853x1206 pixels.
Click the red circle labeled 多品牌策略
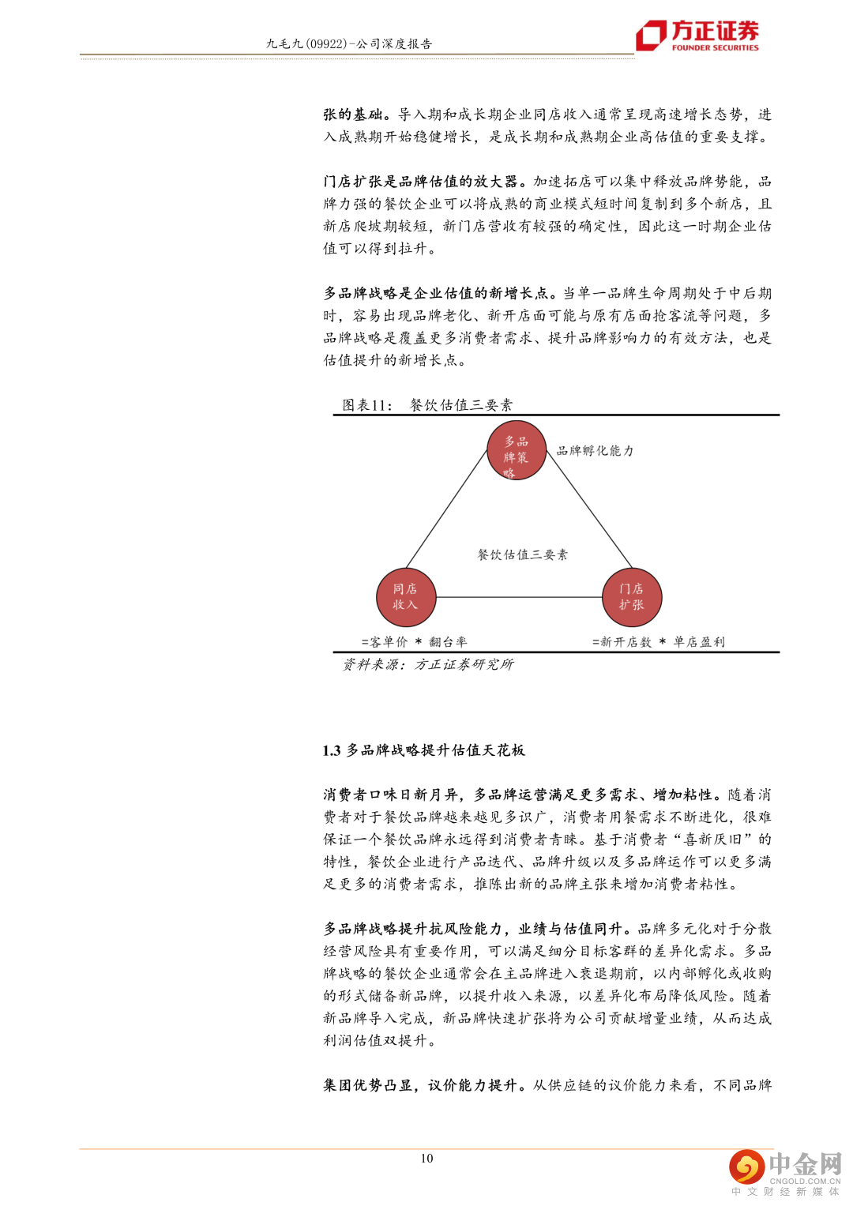(x=517, y=451)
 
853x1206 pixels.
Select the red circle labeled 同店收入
(x=406, y=597)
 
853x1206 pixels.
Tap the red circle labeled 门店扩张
(x=631, y=597)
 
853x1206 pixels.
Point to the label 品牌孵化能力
(x=595, y=451)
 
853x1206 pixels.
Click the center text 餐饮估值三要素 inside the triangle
(x=522, y=554)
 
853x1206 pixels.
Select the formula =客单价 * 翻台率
(x=414, y=642)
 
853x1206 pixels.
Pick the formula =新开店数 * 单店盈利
(x=658, y=642)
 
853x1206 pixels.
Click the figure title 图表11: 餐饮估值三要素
(x=427, y=405)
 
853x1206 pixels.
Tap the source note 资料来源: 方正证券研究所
(x=427, y=665)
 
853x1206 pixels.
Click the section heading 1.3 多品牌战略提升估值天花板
(x=423, y=750)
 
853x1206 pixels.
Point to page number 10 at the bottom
(x=426, y=1159)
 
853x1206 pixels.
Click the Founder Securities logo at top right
(x=697, y=36)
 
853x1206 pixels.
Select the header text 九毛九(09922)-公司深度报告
(x=349, y=44)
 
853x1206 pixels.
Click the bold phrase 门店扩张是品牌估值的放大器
(x=420, y=182)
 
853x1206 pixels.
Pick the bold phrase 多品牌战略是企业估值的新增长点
(x=435, y=294)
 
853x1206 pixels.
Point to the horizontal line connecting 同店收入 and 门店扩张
(x=519, y=598)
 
